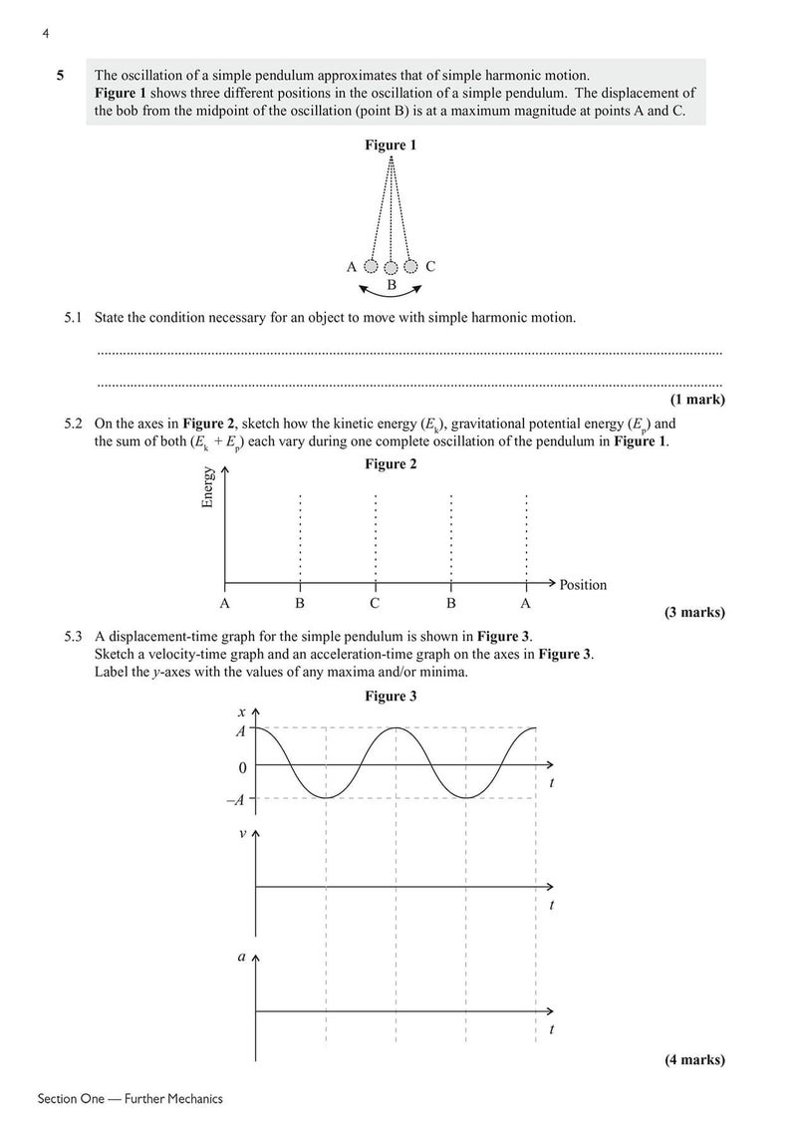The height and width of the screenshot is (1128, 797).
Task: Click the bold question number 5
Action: pos(61,75)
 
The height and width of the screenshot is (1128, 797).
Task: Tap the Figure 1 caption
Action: pos(391,145)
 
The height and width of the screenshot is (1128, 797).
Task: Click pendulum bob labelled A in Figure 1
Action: pos(371,267)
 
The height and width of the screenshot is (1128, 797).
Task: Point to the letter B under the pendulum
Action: pos(392,285)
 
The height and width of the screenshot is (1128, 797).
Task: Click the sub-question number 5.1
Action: pos(73,318)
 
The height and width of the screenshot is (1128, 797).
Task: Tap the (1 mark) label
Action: pos(697,400)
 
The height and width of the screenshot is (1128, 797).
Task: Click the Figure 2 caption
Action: pos(391,464)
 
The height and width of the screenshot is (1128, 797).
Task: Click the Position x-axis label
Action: pos(583,585)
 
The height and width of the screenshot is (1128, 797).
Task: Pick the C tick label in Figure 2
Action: pos(375,604)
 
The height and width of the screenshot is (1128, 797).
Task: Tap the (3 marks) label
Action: pos(694,613)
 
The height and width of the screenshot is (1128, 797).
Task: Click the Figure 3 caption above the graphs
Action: pos(391,696)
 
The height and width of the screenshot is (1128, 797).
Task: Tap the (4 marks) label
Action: pos(694,1060)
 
